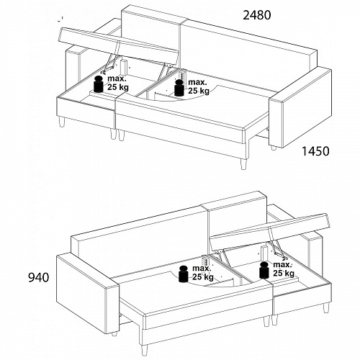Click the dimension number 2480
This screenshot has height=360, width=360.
257,15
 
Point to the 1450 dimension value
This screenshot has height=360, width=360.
315,151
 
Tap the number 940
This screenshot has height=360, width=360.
39,278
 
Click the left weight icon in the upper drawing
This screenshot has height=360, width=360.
98,84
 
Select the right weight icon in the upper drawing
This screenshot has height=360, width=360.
179,88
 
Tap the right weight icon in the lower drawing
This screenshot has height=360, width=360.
265,270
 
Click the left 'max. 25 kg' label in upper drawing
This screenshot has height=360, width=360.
118,83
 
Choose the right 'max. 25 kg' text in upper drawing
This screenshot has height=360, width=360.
199,86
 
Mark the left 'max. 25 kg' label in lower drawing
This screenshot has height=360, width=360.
203,273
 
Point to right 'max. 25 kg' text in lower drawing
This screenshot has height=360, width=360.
284,269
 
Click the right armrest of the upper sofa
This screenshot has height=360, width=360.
300,108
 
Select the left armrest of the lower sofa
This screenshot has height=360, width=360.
88,294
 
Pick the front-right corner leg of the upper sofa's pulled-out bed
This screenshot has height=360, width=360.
244,164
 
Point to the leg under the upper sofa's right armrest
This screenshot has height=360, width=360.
274,148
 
